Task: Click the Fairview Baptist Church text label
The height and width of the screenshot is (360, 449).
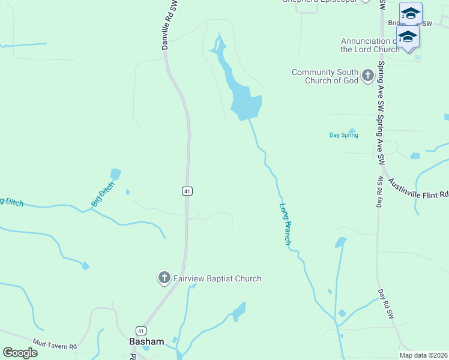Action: [217, 278]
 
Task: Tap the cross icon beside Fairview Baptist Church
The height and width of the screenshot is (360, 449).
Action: [164, 278]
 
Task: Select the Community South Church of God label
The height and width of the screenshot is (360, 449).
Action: [325, 76]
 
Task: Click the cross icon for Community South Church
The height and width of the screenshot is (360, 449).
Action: [368, 76]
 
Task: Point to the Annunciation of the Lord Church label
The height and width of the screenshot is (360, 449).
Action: [369, 45]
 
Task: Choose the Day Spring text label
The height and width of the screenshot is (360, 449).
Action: [344, 135]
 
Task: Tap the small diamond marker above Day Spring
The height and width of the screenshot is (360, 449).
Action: [352, 130]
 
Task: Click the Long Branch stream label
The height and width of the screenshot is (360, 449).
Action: [286, 224]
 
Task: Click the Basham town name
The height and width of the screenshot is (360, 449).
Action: [146, 341]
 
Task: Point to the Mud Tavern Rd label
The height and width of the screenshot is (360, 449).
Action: [56, 346]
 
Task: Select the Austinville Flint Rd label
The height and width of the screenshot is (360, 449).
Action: [418, 188]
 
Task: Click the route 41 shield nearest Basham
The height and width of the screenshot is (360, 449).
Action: [140, 331]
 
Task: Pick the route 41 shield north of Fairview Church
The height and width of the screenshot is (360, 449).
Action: [187, 191]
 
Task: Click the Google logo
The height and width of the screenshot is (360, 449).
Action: [20, 352]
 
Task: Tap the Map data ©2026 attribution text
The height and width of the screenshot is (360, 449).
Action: [424, 355]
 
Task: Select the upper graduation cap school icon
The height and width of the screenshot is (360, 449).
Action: [411, 13]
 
